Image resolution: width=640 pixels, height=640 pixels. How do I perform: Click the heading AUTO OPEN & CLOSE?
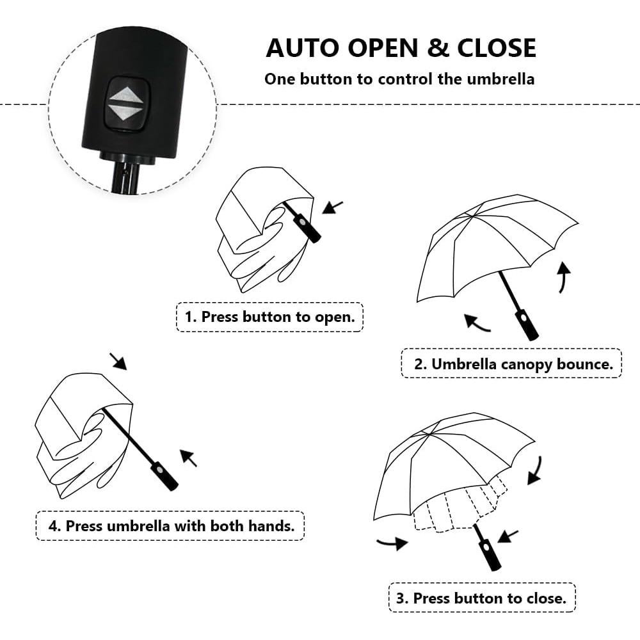401,48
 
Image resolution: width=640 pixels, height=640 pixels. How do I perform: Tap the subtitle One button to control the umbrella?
399,79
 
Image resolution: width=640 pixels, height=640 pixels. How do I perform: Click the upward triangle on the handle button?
125,96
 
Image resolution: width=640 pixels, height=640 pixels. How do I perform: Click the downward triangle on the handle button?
125,113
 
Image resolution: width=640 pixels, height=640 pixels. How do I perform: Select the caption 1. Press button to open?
269,317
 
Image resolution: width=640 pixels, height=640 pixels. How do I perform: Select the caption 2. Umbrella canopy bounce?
511,364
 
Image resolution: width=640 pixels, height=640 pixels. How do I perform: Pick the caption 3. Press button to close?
481,598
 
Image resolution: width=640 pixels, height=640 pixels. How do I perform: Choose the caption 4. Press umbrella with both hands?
170,526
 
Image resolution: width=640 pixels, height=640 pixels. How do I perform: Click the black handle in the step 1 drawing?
307,228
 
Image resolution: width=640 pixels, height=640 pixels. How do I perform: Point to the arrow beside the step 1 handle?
333,207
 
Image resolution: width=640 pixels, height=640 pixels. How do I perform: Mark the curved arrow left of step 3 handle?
392,544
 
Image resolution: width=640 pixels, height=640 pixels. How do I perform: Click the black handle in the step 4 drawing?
164,476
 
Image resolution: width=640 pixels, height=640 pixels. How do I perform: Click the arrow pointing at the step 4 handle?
188,458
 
